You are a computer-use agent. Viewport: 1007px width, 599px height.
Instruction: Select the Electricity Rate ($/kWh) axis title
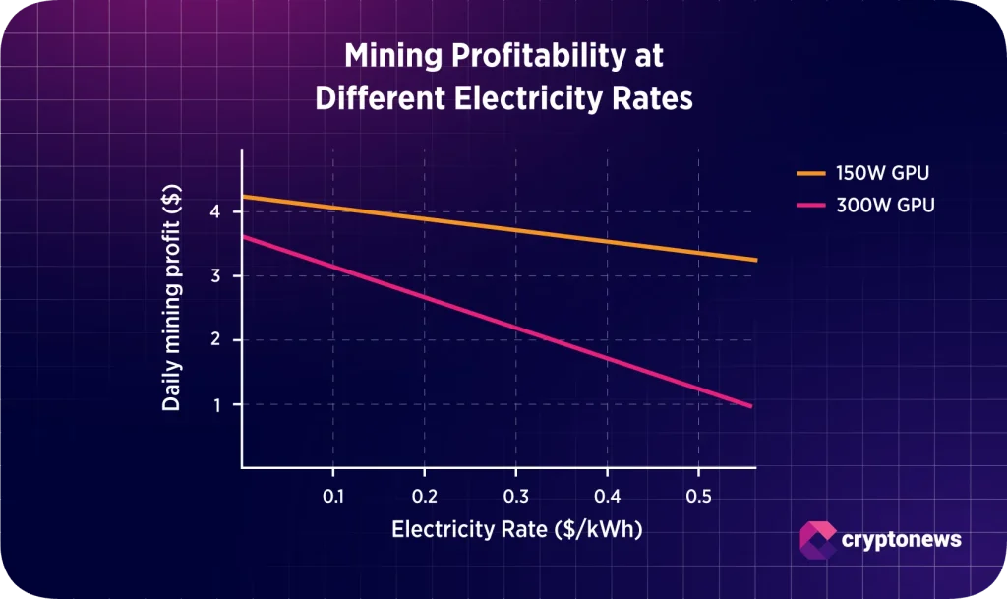point(516,529)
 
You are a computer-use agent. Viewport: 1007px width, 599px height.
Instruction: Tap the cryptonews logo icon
point(817,539)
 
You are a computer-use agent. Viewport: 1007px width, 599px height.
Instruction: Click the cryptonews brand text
point(902,539)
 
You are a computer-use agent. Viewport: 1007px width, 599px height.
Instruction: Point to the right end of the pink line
point(751,405)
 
